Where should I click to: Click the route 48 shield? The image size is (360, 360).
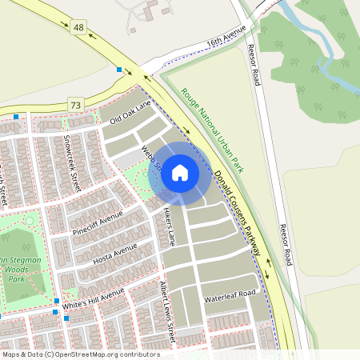tap(78, 28)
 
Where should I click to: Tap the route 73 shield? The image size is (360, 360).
tap(76, 105)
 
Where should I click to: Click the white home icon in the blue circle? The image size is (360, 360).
tap(180, 172)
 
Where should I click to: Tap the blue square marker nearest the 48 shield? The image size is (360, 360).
tap(119, 70)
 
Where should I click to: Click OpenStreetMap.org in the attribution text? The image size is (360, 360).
tap(94, 354)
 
